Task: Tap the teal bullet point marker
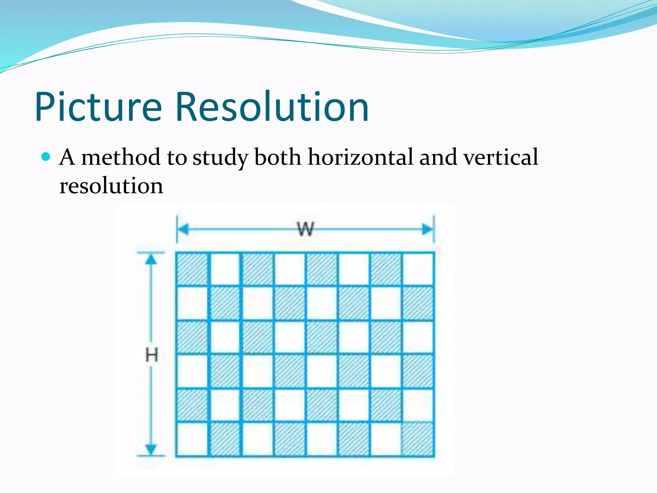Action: [46, 157]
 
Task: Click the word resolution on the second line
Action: [111, 186]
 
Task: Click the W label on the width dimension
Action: [305, 229]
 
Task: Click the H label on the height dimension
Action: [151, 355]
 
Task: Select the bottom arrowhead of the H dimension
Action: [151, 449]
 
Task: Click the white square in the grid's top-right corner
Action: [418, 269]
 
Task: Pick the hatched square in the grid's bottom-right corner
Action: [418, 439]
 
